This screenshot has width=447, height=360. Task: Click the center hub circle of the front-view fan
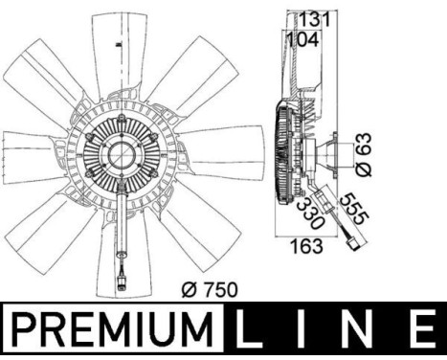point(124,152)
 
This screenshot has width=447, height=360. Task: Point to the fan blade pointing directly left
point(29,153)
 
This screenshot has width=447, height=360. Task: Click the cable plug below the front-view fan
point(123,281)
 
